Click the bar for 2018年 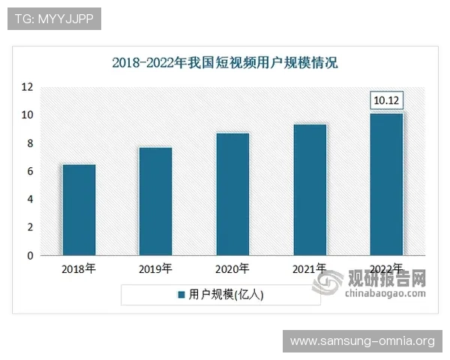point(79,210)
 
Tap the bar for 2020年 point(232,194)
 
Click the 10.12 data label point(387,100)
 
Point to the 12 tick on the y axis point(27,87)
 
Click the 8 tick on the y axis point(29,143)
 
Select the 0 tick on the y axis point(29,256)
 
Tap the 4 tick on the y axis point(29,199)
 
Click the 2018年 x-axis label point(79,268)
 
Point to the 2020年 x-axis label point(232,268)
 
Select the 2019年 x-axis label point(155,268)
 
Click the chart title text point(225,62)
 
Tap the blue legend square point(181,295)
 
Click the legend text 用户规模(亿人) point(226,295)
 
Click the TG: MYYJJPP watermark point(54,19)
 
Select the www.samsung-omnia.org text point(361,341)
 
